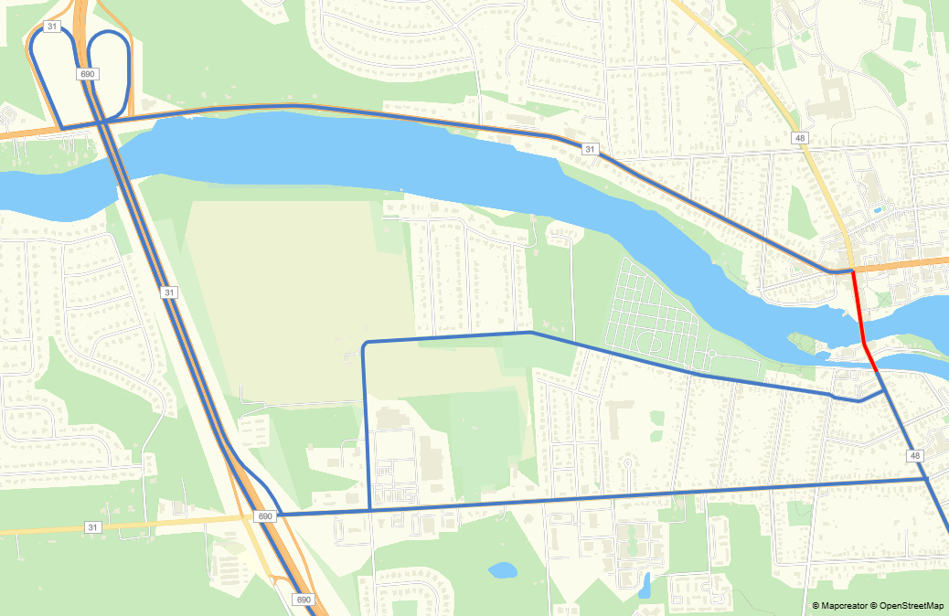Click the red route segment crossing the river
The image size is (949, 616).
pos(858,311)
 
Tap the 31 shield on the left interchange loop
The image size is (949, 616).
pos(52,27)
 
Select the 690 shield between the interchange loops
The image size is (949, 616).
pos(88,74)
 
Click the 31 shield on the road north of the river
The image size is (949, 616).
pos(590,149)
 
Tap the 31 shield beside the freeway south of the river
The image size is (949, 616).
pos(168,292)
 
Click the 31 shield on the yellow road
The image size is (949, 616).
pos(91,527)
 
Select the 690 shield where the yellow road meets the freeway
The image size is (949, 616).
pos(265,516)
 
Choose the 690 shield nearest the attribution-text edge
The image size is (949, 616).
pos(304,600)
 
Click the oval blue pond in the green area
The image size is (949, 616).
pos(502,571)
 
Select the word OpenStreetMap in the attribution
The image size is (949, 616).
pos(912,605)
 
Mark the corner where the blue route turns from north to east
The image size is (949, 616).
pos(366,344)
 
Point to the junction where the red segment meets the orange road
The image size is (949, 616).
pos(852,271)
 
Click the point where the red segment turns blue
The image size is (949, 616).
pos(878,372)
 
